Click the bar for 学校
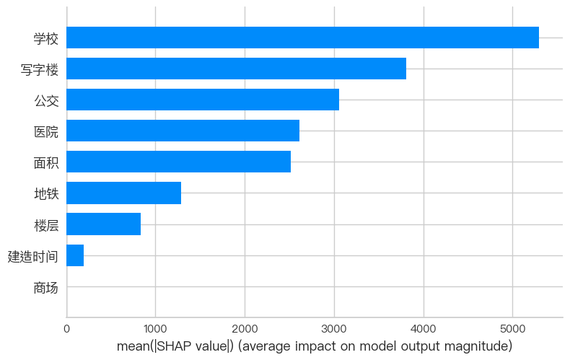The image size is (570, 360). coord(302,38)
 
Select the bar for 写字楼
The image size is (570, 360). coord(236,69)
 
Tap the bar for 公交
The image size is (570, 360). coord(203,100)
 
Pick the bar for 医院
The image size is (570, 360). coord(183,131)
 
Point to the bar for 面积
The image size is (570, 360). coord(178,162)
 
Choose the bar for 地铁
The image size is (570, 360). coord(123,193)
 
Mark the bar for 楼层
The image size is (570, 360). coord(103,224)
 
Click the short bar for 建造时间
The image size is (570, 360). coord(75,255)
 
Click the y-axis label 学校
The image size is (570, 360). coord(46,38)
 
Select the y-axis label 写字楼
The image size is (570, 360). coord(40,69)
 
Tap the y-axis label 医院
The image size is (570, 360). coord(46,131)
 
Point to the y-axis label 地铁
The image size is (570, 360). coord(46,193)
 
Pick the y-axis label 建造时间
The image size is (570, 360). coord(33,255)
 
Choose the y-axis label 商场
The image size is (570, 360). coord(46,287)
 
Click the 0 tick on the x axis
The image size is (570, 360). coord(66,329)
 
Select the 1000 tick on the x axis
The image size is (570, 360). coord(156,329)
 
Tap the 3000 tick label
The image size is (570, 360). coord(334,329)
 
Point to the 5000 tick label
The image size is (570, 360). coord(512,329)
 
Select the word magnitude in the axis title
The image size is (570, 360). coord(483,347)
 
